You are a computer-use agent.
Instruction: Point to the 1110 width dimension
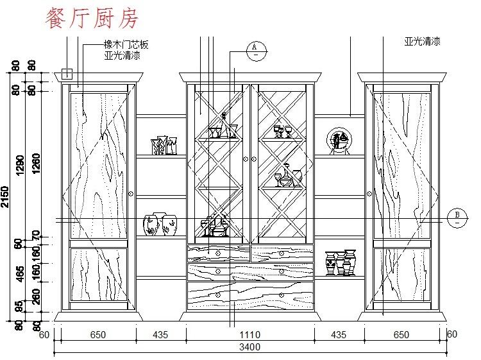point(249,334)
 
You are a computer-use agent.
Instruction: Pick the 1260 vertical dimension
point(36,166)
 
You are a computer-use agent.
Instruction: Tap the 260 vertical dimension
point(36,296)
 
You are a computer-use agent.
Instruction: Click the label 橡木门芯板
point(126,45)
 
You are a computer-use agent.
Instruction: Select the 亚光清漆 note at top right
point(422,41)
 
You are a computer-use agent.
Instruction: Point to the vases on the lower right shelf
point(341,263)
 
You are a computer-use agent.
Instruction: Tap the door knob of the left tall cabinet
point(131,192)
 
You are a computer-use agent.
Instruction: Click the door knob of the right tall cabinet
point(370,192)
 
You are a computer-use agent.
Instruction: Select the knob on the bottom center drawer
point(218,295)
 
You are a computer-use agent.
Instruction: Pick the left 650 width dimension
point(98,334)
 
